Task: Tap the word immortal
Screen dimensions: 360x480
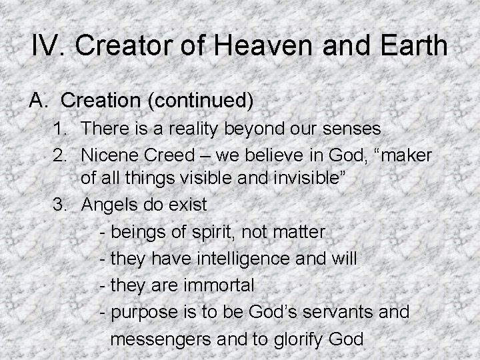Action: coord(221,286)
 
